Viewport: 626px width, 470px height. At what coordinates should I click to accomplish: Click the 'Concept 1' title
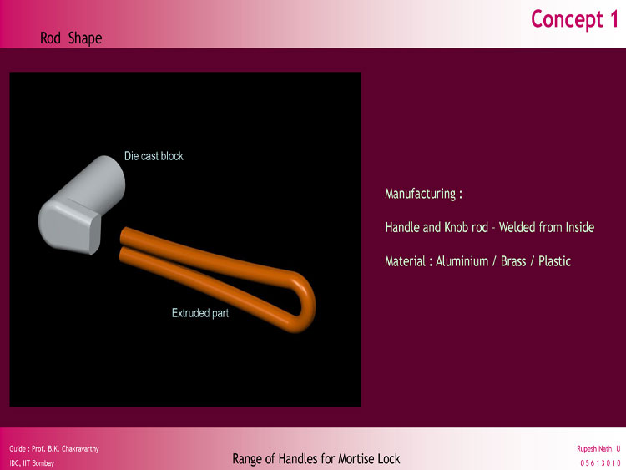click(574, 19)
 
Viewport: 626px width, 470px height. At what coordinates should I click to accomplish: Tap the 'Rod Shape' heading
click(71, 38)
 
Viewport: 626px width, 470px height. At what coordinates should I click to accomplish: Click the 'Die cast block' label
click(154, 156)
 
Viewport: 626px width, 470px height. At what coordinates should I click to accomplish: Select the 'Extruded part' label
click(200, 313)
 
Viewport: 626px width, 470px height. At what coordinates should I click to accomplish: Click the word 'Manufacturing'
click(421, 194)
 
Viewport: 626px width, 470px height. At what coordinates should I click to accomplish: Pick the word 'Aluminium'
click(462, 261)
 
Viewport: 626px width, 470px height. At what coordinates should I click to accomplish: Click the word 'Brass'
click(513, 261)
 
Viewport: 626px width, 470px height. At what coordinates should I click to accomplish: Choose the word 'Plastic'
click(554, 261)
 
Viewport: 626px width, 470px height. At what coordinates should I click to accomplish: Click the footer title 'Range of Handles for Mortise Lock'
click(316, 459)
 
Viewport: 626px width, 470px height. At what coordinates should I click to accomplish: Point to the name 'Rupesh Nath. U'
click(598, 449)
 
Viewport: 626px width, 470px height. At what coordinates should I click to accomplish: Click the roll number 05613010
click(600, 463)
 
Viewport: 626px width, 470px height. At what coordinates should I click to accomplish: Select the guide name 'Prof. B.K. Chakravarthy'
click(65, 449)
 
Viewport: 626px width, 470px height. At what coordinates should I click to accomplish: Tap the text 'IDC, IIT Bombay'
click(32, 463)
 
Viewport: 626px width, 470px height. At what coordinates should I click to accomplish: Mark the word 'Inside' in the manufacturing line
click(580, 227)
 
